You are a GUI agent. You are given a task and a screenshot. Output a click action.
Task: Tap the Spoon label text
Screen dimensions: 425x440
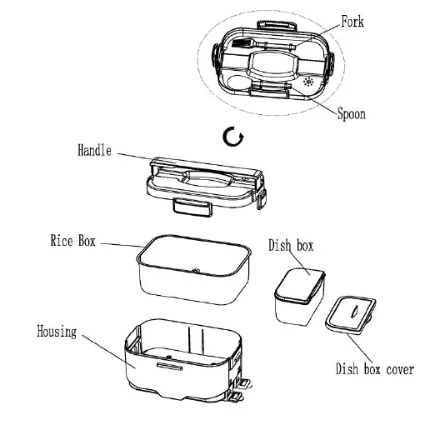pos(352,114)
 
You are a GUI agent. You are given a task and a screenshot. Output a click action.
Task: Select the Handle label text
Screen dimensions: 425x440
pos(94,152)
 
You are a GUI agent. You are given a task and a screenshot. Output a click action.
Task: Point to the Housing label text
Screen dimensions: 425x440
pos(57,332)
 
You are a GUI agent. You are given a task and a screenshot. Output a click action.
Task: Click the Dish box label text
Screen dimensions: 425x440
pos(290,246)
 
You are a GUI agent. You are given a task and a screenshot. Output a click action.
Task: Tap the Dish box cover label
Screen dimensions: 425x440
pos(374,369)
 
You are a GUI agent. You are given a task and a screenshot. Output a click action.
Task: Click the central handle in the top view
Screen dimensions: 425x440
pos(271,62)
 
